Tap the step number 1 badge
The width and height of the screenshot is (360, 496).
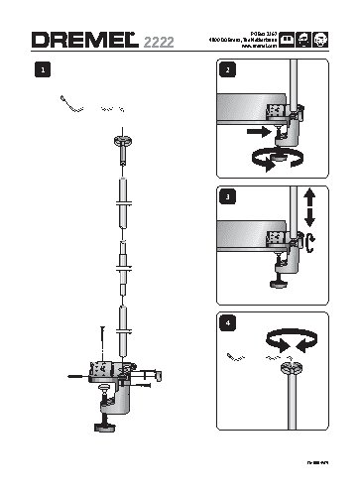pyautogui.click(x=41, y=71)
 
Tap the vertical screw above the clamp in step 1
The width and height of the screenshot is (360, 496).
pyautogui.click(x=102, y=341)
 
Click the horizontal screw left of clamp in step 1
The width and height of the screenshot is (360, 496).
pyautogui.click(x=77, y=375)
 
